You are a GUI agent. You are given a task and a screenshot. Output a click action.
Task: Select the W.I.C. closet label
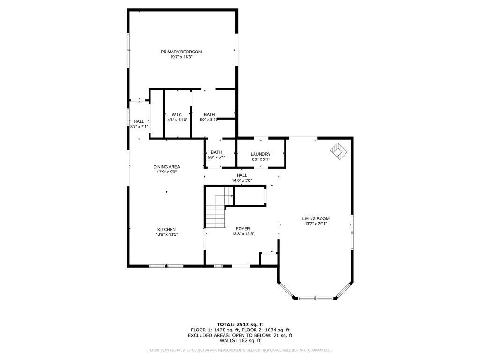point(177,115)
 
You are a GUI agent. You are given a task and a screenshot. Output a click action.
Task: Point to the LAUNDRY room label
point(260,154)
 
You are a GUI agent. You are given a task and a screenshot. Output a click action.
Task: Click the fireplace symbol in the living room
point(338,151)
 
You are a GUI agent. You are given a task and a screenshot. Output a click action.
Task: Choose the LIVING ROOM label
point(315,218)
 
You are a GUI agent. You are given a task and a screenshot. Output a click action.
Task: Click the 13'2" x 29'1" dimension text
point(315,224)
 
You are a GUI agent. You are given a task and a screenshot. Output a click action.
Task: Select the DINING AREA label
point(166,167)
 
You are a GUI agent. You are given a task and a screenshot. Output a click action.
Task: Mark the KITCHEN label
point(166,229)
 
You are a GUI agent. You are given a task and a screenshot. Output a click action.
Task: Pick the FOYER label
point(243,229)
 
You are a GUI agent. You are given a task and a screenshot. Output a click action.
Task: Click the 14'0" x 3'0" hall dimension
point(241,180)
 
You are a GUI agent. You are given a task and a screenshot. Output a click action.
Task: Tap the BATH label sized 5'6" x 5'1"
point(216,152)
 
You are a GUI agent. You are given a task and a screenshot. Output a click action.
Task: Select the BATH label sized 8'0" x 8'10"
point(209,114)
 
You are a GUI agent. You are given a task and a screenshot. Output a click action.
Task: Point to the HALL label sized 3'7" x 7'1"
point(139,121)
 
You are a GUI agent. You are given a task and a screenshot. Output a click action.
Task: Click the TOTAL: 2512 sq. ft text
point(240,324)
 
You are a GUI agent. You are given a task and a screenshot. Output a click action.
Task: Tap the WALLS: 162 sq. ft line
point(240,341)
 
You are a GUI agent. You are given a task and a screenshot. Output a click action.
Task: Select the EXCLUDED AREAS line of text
point(240,336)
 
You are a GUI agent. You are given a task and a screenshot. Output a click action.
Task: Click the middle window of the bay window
point(315,298)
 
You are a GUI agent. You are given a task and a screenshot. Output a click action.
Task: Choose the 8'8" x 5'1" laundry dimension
point(260,159)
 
